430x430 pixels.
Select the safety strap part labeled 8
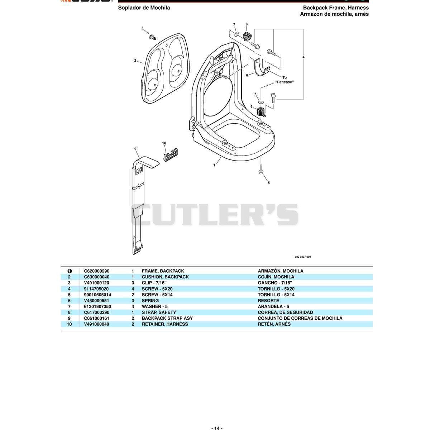[262, 67]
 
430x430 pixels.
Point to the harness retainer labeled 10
[171, 154]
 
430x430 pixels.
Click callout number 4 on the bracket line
[303, 57]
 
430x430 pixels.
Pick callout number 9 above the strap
[135, 149]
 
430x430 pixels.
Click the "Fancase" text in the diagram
[284, 82]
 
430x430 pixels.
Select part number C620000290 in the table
[97, 271]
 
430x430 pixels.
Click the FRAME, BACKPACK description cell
[163, 271]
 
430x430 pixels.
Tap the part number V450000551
[96, 301]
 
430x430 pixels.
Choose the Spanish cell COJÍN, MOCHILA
[276, 277]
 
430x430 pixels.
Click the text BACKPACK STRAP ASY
[167, 318]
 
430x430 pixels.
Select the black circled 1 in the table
[70, 271]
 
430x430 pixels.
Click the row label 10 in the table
[70, 324]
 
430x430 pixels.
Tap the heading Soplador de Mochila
[144, 8]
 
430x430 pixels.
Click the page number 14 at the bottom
[217, 428]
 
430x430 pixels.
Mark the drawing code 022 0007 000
[303, 257]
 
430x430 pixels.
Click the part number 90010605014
[97, 295]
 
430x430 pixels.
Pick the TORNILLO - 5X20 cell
[276, 289]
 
